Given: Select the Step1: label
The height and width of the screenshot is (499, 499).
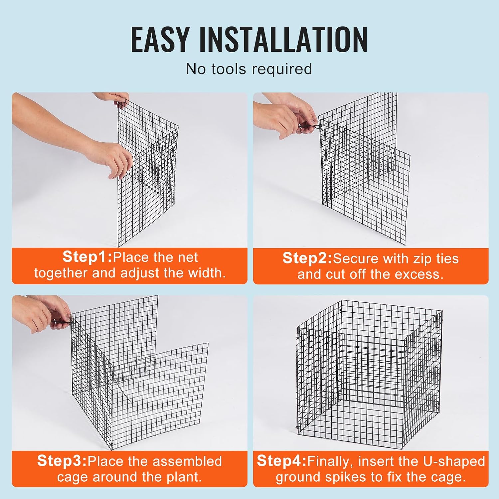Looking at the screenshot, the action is [x=87, y=257].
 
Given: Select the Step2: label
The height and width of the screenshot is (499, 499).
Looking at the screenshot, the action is [x=307, y=258].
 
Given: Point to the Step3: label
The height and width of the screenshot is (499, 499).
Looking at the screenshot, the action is [x=62, y=461].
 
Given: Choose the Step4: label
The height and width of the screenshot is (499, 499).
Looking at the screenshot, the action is [x=281, y=461].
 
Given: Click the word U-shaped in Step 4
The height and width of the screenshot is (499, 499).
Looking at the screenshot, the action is [x=454, y=461].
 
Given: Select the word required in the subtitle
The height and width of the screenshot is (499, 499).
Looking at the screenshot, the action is [x=282, y=70].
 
